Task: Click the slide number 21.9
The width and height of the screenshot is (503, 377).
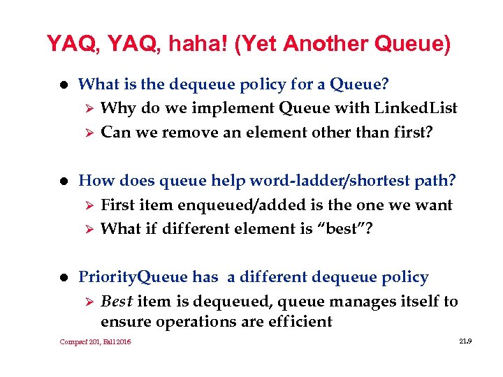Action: pyautogui.click(x=465, y=341)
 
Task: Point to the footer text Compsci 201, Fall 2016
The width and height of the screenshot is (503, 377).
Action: pyautogui.click(x=95, y=341)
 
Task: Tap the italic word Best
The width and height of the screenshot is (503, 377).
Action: pyautogui.click(x=117, y=302)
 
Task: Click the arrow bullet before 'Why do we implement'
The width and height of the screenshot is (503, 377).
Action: pyautogui.click(x=87, y=109)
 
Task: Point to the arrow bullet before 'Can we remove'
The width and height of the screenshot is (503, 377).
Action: pyautogui.click(x=87, y=133)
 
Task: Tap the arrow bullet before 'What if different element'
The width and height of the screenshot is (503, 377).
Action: pyautogui.click(x=87, y=229)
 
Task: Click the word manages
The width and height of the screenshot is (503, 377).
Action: pyautogui.click(x=349, y=302)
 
